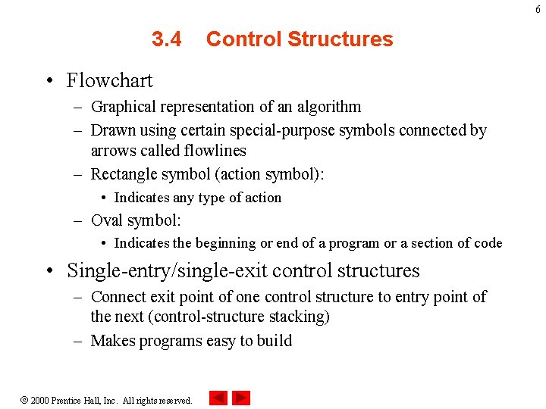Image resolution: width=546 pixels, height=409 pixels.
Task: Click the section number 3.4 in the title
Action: [166, 39]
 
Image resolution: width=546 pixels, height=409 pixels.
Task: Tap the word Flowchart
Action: [109, 80]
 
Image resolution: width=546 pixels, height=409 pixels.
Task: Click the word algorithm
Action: [325, 108]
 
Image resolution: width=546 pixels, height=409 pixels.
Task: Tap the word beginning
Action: [224, 243]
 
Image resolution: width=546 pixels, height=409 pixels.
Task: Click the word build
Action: [274, 341]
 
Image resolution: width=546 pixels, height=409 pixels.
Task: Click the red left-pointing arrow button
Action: [218, 398]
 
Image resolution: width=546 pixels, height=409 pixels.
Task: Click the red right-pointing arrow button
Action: [241, 398]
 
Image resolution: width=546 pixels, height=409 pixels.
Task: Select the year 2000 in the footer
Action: [40, 400]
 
